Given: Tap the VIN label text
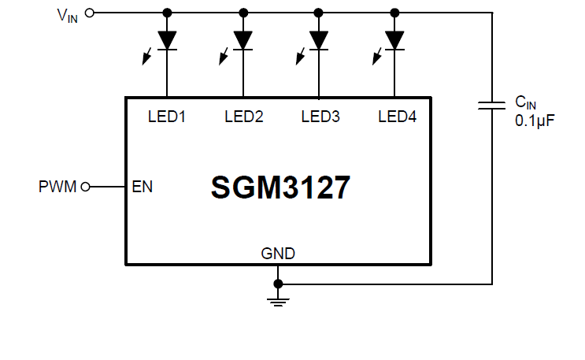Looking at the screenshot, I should [x=68, y=14].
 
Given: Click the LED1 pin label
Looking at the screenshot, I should [x=167, y=117].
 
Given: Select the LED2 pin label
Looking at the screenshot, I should [x=243, y=117].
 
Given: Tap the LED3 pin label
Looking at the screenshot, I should [x=320, y=117].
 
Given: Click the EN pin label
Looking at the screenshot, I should [x=143, y=187].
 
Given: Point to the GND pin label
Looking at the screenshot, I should [x=278, y=254].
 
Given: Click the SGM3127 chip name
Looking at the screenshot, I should [x=280, y=188].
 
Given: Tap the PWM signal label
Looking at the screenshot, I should [x=57, y=187].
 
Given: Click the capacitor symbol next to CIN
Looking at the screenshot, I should [x=492, y=106].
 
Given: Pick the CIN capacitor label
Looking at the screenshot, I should [x=526, y=102].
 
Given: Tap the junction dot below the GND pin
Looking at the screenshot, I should [x=277, y=284].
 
